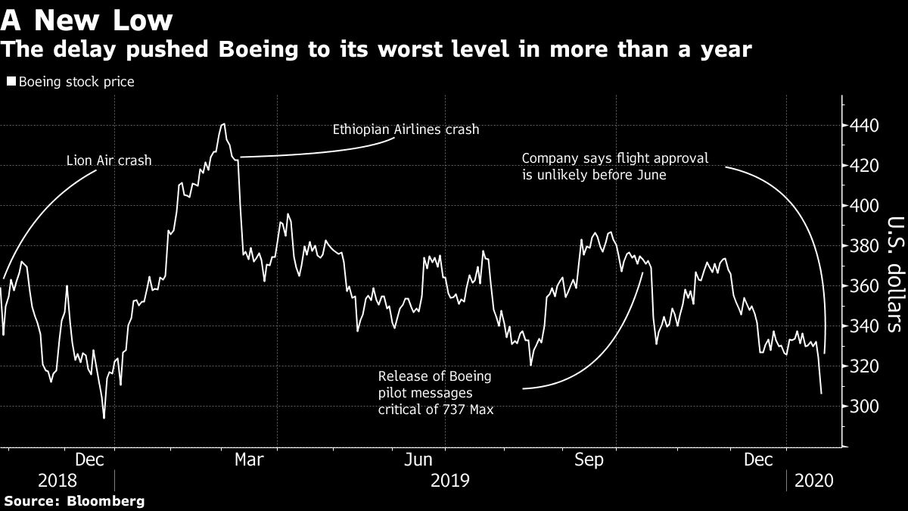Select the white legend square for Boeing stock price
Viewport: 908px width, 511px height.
pyautogui.click(x=10, y=82)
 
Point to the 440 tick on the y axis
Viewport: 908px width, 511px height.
pyautogui.click(x=863, y=126)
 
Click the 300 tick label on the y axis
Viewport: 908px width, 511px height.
pyautogui.click(x=863, y=407)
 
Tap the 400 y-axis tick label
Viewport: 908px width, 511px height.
pyautogui.click(x=863, y=206)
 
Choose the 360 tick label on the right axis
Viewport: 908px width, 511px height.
pyautogui.click(x=863, y=286)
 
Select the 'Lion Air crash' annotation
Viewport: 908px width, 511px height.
pyautogui.click(x=108, y=160)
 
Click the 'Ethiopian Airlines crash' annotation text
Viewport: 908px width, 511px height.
pyautogui.click(x=406, y=129)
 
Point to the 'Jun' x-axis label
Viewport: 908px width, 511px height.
pyautogui.click(x=418, y=460)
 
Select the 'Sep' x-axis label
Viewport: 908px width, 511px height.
pyautogui.click(x=588, y=460)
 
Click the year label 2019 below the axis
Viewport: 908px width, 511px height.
pyautogui.click(x=449, y=481)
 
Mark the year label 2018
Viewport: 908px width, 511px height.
pyautogui.click(x=57, y=481)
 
